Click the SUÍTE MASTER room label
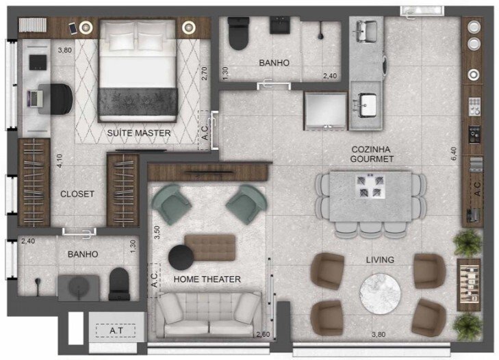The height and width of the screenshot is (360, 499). [138, 133]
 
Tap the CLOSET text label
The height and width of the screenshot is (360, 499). [77, 194]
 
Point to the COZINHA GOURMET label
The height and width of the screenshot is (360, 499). [372, 153]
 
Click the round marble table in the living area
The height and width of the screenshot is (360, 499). [379, 293]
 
